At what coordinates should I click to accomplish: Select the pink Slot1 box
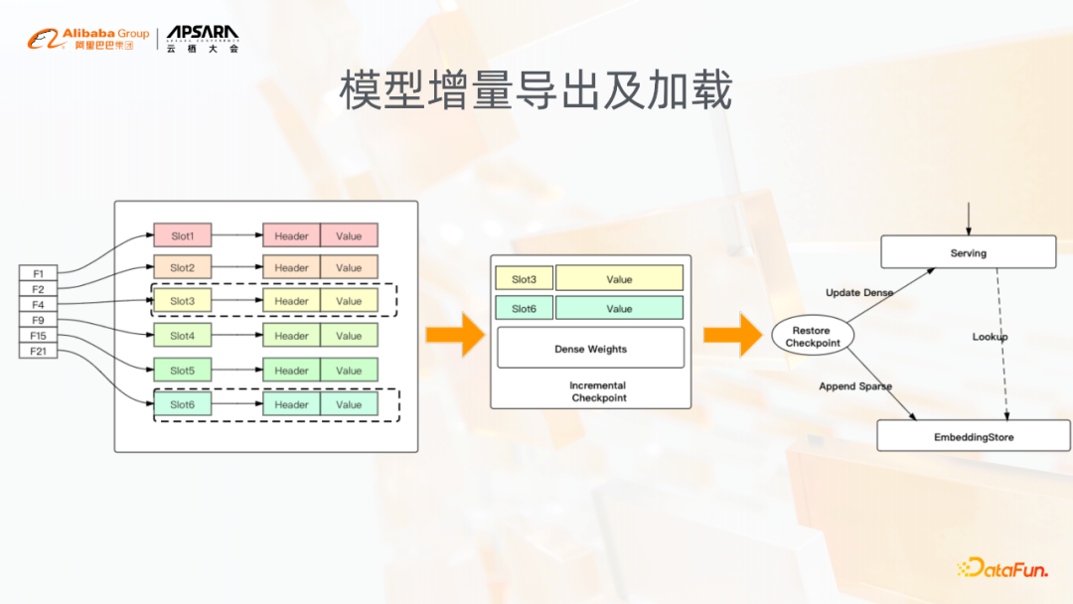(x=183, y=236)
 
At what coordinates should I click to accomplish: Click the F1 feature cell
(x=39, y=273)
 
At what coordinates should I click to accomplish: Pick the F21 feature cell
(x=39, y=351)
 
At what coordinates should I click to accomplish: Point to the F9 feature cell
(x=39, y=320)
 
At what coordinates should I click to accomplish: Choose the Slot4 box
(x=183, y=336)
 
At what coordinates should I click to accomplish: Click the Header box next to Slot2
(x=291, y=267)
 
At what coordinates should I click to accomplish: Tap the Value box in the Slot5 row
(x=349, y=371)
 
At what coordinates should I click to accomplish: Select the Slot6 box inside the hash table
(x=183, y=404)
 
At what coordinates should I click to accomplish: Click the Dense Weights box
(x=590, y=349)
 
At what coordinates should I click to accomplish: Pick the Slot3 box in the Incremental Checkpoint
(x=524, y=279)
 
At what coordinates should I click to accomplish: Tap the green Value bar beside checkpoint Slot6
(x=619, y=309)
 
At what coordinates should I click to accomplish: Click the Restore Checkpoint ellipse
(x=813, y=337)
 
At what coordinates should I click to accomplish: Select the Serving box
(x=968, y=252)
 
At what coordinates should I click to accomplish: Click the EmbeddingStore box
(x=973, y=436)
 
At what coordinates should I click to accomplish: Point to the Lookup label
(x=990, y=337)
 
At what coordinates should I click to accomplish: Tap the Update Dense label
(x=859, y=293)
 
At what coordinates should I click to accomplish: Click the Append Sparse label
(x=855, y=386)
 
